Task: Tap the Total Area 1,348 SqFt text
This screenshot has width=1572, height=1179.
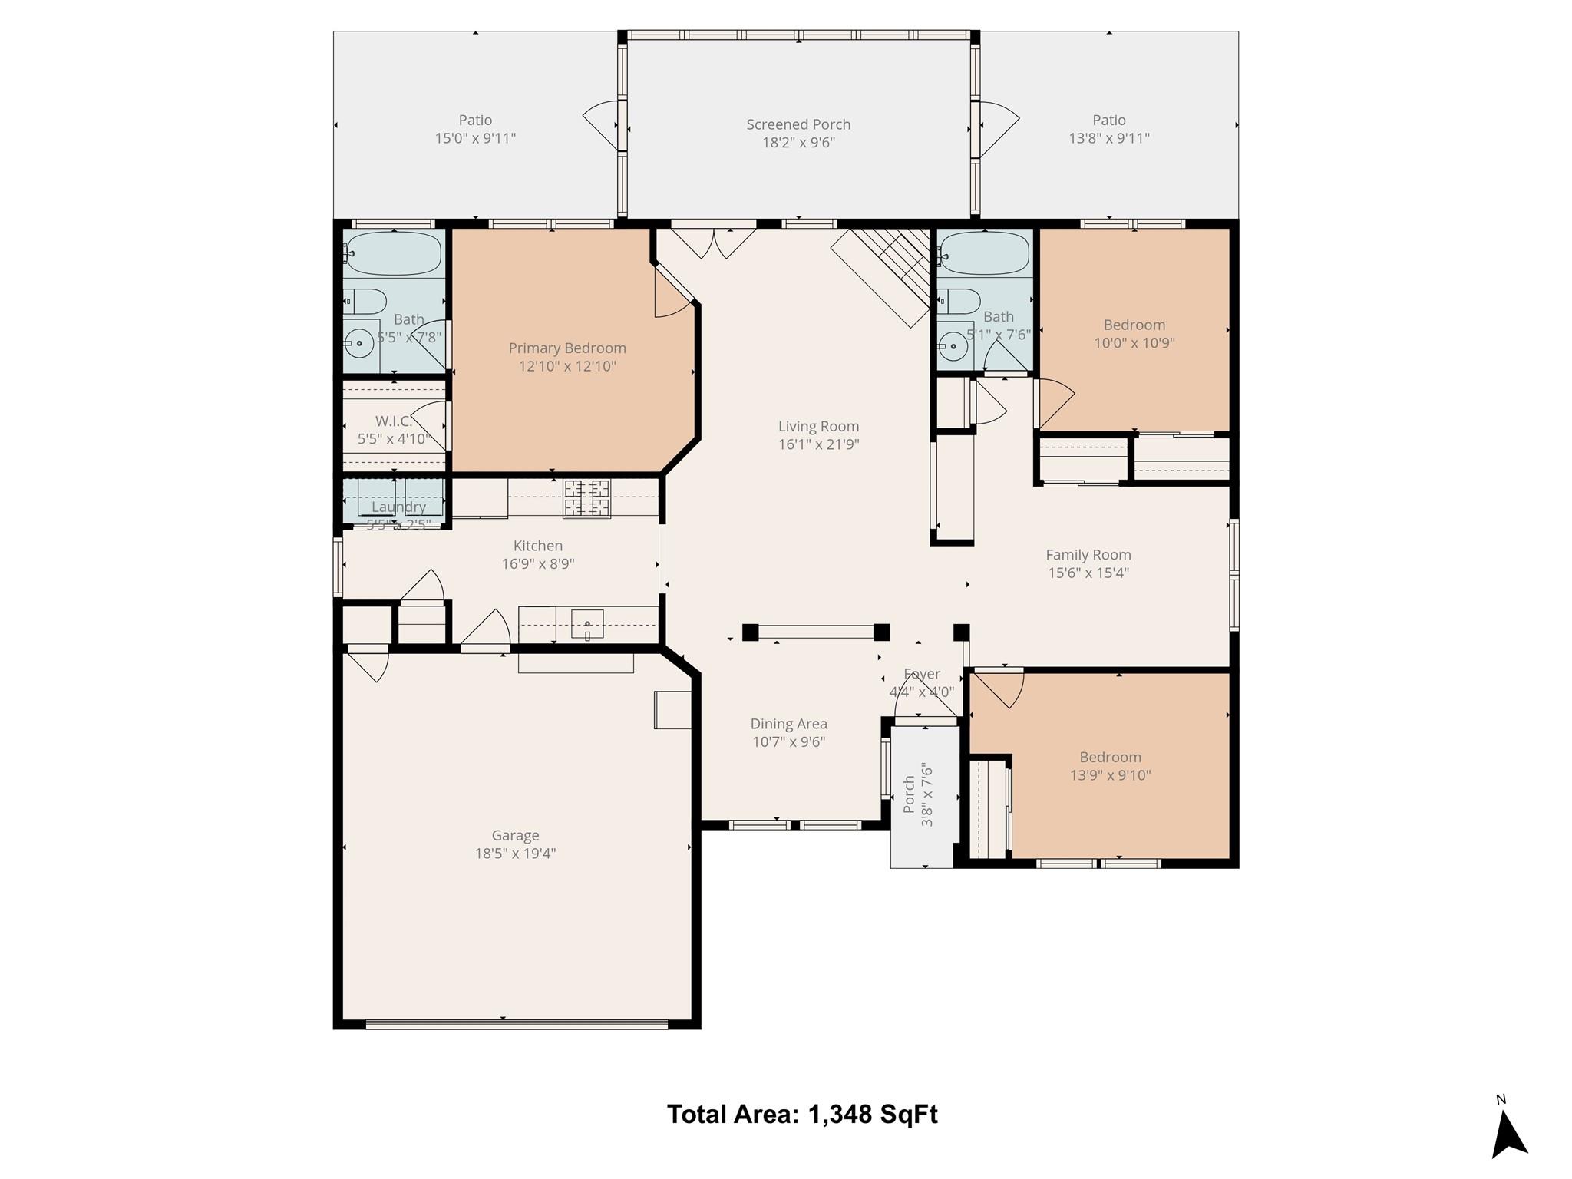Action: [802, 1114]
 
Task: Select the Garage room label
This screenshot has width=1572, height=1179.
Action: [515, 835]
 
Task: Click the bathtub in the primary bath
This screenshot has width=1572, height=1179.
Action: [394, 253]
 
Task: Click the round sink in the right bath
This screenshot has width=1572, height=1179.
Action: [953, 347]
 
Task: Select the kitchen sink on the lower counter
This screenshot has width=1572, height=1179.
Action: [587, 624]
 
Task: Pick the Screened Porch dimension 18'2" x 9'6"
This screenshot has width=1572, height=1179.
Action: [798, 143]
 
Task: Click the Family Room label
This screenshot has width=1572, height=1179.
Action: [1088, 554]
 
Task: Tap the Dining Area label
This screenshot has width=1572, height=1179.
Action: [788, 724]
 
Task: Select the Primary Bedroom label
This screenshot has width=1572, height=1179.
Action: [567, 348]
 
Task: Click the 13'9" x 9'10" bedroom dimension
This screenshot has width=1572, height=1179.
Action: [1110, 775]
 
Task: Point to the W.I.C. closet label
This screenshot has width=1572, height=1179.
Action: [393, 421]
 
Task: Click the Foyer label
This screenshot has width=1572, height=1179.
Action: [921, 674]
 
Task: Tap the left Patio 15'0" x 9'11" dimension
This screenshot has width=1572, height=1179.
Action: [475, 138]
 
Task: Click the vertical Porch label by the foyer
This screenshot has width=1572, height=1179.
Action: [909, 794]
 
